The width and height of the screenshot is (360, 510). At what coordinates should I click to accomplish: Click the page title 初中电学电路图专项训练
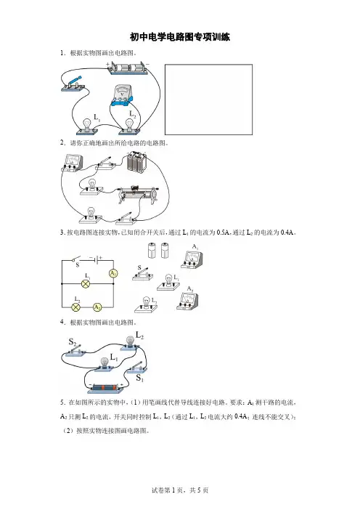click(x=180, y=37)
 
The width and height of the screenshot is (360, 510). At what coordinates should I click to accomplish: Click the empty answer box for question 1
click(x=208, y=100)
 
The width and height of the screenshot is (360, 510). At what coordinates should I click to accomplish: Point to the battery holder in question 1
click(x=128, y=68)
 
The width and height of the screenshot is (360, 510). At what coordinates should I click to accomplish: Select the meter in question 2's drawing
click(x=73, y=163)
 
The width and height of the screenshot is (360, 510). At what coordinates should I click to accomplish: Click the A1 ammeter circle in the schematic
click(x=113, y=274)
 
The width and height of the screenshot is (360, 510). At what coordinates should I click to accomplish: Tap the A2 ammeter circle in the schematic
click(x=97, y=307)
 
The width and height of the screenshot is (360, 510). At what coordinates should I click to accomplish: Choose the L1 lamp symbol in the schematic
click(x=86, y=284)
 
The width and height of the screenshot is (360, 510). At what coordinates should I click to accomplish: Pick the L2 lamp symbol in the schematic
click(x=76, y=307)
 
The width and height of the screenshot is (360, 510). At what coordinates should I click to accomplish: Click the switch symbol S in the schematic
click(x=76, y=261)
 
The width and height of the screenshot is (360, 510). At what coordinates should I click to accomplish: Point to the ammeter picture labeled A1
click(x=192, y=259)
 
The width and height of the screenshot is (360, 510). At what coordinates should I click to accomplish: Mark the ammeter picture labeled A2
click(x=187, y=301)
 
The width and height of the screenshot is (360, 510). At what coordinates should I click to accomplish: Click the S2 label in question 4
click(x=72, y=342)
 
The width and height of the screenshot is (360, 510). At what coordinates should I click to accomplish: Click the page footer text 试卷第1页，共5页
click(x=180, y=490)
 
